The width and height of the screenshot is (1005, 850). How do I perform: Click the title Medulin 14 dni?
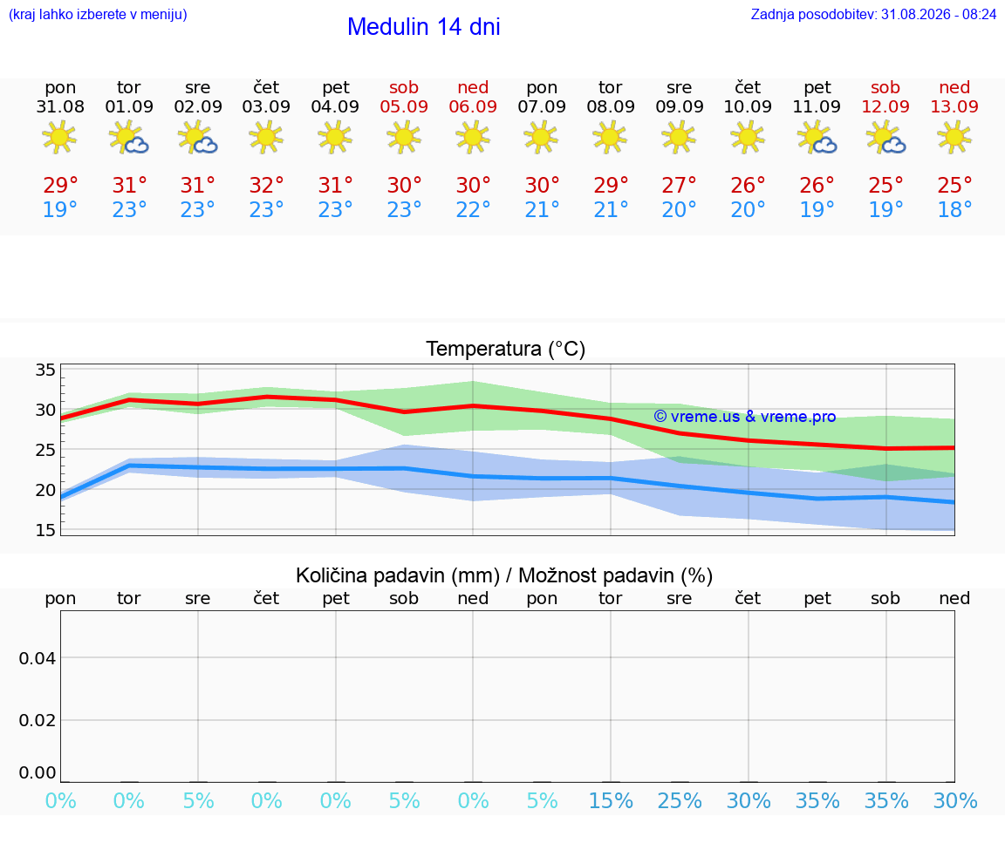pyautogui.click(x=424, y=27)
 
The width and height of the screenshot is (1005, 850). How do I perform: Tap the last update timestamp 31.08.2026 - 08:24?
pyautogui.click(x=939, y=14)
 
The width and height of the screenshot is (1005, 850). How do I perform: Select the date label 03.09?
pyautogui.click(x=266, y=106)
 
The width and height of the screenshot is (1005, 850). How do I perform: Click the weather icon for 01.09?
pyautogui.click(x=129, y=138)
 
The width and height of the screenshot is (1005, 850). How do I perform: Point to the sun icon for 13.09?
pyautogui.click(x=954, y=138)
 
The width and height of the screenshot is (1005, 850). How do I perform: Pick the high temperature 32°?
pyautogui.click(x=266, y=185)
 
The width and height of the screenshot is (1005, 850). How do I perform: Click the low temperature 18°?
pyautogui.click(x=954, y=209)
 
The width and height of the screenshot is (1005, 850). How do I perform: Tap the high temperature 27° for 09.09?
pyautogui.click(x=679, y=185)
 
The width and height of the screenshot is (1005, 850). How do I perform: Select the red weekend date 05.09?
pyautogui.click(x=404, y=106)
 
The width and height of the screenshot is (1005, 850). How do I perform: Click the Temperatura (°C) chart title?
pyautogui.click(x=506, y=349)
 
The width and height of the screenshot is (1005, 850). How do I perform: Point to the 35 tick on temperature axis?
pyautogui.click(x=45, y=370)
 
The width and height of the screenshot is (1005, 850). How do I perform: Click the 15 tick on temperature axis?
pyautogui.click(x=45, y=530)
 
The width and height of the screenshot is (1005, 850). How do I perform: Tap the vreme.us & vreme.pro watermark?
pyautogui.click(x=745, y=417)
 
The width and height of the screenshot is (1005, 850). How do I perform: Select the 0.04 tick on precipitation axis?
pyautogui.click(x=38, y=658)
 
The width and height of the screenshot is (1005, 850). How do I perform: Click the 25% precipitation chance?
pyautogui.click(x=680, y=800)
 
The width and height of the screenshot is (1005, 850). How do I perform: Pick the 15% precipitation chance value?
pyautogui.click(x=611, y=800)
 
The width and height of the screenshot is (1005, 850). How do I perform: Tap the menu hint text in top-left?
pyautogui.click(x=98, y=14)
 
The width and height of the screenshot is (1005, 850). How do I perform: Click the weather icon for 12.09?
pyautogui.click(x=885, y=138)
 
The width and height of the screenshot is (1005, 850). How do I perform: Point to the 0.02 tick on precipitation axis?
pyautogui.click(x=38, y=720)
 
